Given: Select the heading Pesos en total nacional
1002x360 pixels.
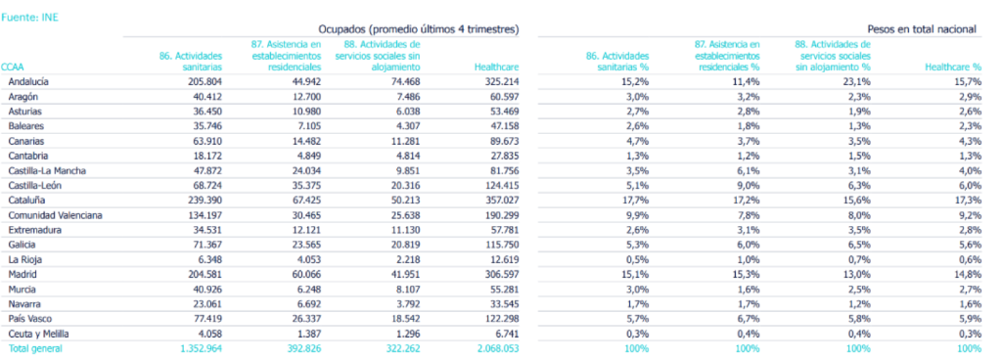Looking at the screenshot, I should click(922, 30).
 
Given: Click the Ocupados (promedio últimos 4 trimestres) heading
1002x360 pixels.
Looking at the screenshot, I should click(418, 30).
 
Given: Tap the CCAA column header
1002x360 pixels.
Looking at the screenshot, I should click(15, 67).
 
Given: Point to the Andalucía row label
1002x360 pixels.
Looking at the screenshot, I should click(29, 82).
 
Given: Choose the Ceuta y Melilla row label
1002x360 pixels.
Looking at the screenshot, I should click(39, 333).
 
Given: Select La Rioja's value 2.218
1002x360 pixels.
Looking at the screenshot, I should click(405, 259).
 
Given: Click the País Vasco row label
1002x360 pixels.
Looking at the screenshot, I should click(29, 318).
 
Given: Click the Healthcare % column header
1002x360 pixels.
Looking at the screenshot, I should click(952, 67).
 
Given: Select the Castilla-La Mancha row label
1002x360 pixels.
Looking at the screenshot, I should click(47, 170).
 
